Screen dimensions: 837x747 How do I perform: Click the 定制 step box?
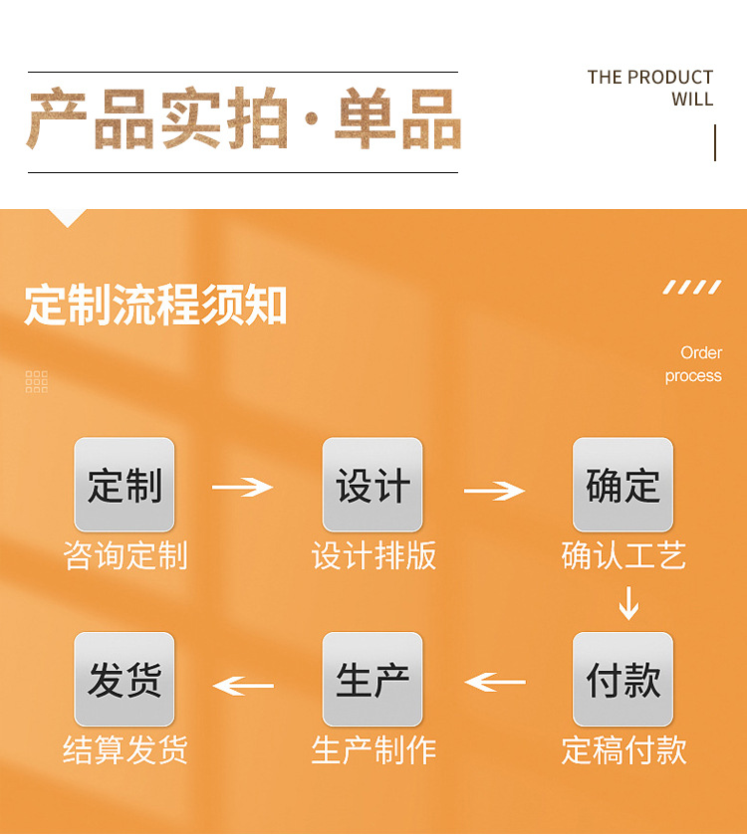pos(124,485)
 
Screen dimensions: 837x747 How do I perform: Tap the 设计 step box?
pos(373,485)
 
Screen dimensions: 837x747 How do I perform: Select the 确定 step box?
pos(622,485)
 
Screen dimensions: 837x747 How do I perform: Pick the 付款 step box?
pos(622,680)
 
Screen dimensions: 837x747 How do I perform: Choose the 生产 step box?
pos(373,680)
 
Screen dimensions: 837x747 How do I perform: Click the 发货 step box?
pos(124,680)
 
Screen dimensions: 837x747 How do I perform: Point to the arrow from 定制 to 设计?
pos(242,487)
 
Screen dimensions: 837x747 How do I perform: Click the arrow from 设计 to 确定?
pos(494,490)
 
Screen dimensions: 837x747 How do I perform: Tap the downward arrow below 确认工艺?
pos(627,603)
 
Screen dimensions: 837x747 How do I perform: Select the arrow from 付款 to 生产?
pos(495,682)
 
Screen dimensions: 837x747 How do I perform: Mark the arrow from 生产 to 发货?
pos(243,686)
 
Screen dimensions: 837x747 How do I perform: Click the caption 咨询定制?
pos(124,555)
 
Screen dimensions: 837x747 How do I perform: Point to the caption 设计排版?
pos(373,555)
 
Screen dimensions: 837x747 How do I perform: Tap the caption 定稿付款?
pos(623,749)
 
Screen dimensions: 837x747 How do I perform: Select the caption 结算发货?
pos(124,749)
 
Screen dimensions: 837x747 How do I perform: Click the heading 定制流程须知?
pos(155,305)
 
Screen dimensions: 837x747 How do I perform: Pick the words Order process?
pos(694,364)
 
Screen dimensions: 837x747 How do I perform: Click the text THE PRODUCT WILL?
pos(650,88)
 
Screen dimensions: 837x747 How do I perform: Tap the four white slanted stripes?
pos(692,288)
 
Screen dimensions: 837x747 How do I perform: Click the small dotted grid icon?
pos(37,381)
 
